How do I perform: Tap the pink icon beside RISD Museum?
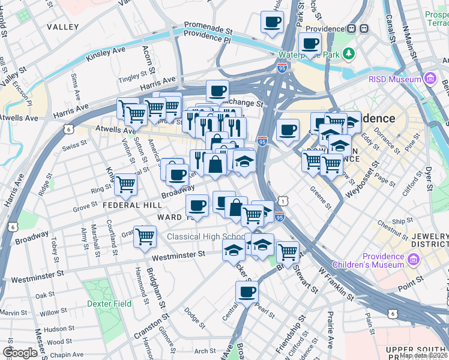point(430,79)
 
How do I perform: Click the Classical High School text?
point(197,236)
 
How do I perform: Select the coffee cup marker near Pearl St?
point(247,292)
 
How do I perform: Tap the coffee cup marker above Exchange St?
point(217,91)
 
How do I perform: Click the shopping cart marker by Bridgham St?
point(145,237)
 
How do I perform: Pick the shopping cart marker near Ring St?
point(125,185)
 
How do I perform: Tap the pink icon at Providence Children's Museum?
point(414,259)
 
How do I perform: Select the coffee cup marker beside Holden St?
point(271,22)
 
